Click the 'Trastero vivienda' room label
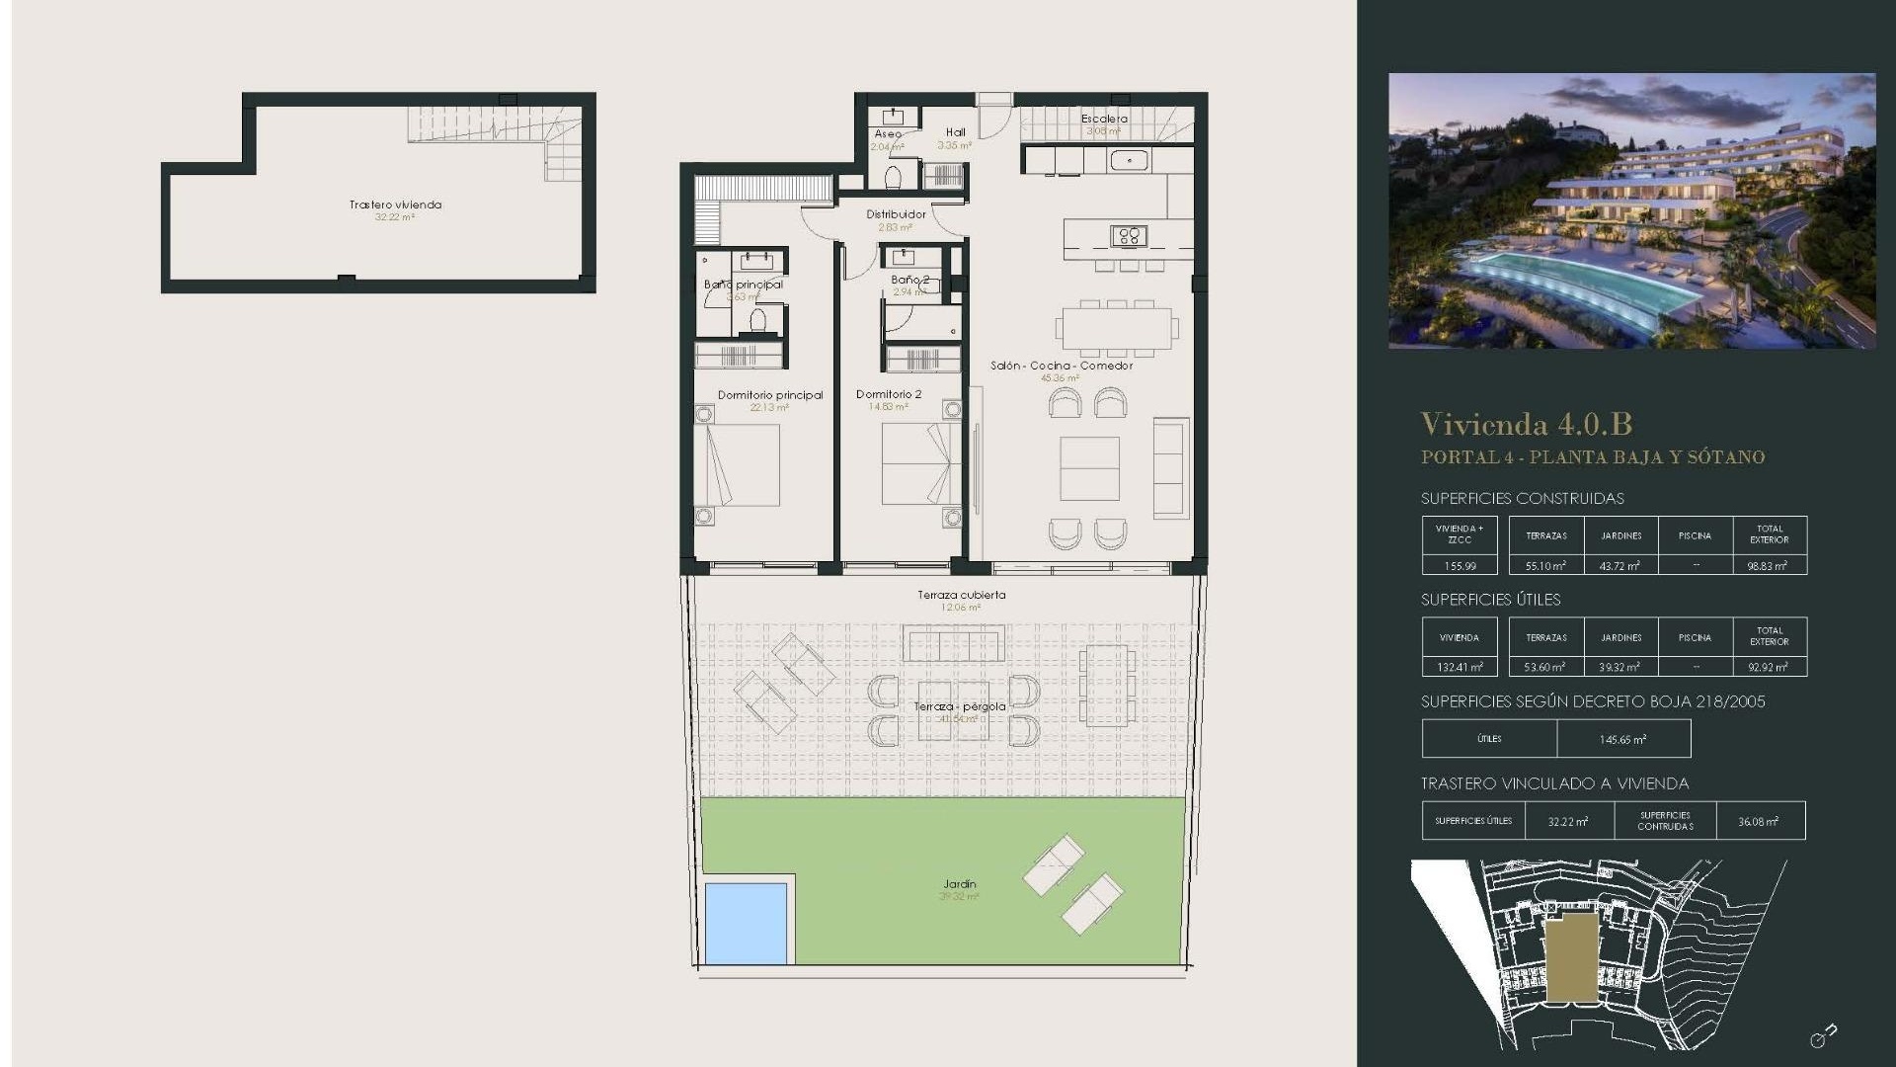[395, 205]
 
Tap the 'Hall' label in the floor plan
[955, 132]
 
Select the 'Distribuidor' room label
[896, 214]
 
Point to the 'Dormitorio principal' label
[769, 395]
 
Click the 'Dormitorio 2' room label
[888, 394]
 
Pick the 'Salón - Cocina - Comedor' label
[1061, 366]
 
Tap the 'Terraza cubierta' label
[961, 595]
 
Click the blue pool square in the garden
[746, 924]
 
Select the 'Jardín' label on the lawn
[959, 884]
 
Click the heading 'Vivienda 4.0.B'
[1526, 424]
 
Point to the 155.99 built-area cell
[1460, 566]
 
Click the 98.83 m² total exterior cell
[1769, 566]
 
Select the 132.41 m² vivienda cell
[1460, 667]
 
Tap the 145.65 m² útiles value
[1622, 739]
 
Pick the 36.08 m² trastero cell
[1758, 821]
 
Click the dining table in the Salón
[1117, 326]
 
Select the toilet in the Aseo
[893, 177]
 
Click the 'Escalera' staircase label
[1104, 119]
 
